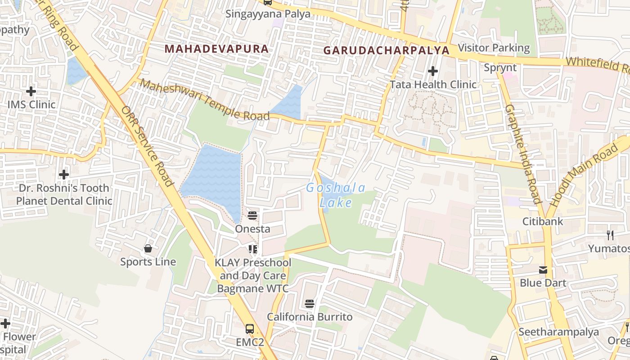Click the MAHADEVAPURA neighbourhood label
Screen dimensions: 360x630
tap(216, 49)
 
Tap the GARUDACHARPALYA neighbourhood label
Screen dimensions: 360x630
tap(387, 50)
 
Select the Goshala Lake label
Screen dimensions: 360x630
tap(336, 195)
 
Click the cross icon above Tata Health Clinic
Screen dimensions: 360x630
tap(433, 71)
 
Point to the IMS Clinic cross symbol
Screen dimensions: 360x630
tap(31, 92)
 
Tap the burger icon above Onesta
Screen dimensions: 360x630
tap(252, 215)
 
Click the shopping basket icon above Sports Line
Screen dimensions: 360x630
tap(148, 248)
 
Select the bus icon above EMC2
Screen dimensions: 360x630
tap(250, 329)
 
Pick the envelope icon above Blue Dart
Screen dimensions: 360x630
tap(543, 270)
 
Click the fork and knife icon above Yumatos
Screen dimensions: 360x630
tap(610, 235)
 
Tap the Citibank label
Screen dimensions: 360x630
tap(543, 221)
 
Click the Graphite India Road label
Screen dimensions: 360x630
tap(522, 153)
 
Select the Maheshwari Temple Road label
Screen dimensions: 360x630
tap(205, 99)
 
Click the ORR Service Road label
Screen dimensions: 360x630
tap(147, 146)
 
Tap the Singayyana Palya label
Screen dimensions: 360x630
tap(268, 13)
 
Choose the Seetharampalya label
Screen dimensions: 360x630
tap(558, 332)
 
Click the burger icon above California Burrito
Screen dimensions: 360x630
tap(309, 304)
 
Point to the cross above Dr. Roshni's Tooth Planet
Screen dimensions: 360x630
tap(64, 174)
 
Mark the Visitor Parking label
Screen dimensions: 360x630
tap(494, 48)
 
